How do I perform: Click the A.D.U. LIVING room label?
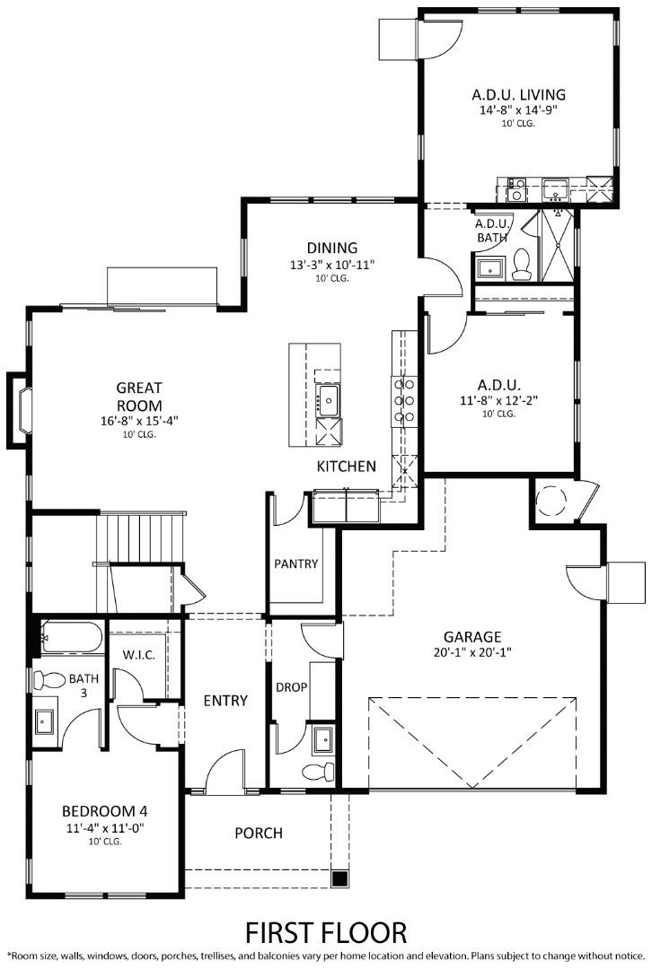(518, 94)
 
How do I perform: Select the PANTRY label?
(296, 564)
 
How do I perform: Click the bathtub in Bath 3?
(73, 637)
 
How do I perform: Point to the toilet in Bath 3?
(51, 680)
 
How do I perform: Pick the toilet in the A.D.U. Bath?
(521, 262)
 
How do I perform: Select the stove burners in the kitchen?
(404, 400)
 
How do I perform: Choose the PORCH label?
(259, 834)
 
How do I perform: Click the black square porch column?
(339, 878)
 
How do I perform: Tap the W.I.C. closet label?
(139, 655)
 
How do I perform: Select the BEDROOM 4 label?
(104, 811)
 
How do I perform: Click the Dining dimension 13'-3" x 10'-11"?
(331, 265)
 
